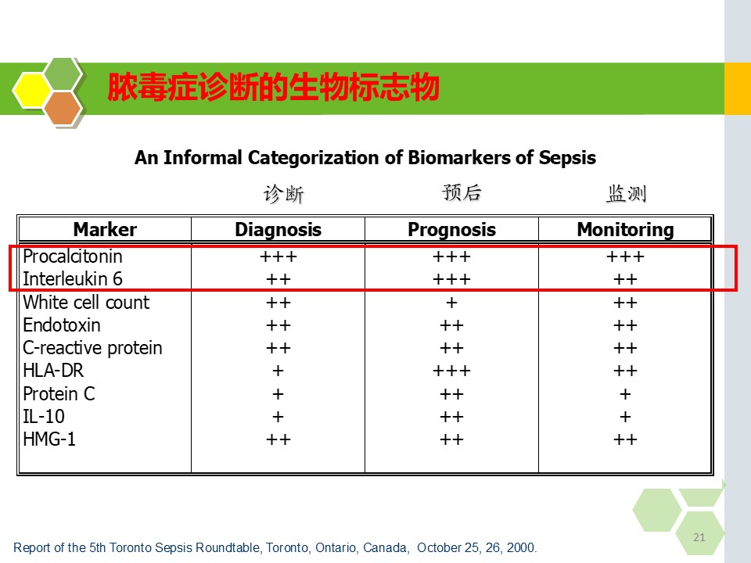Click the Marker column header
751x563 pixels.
pyautogui.click(x=105, y=229)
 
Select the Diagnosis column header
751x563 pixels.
pyautogui.click(x=278, y=230)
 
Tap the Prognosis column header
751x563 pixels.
pyautogui.click(x=451, y=230)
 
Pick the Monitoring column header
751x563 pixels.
pyautogui.click(x=626, y=230)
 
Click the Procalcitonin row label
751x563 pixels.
pyautogui.click(x=73, y=256)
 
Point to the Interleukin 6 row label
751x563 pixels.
pyautogui.click(x=73, y=278)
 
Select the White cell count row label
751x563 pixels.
pyautogui.click(x=86, y=302)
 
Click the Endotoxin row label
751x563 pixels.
pyautogui.click(x=62, y=325)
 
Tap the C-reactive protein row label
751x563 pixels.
pyautogui.click(x=93, y=348)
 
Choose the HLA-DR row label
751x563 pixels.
pyautogui.click(x=53, y=371)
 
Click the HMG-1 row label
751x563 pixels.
pyautogui.click(x=49, y=439)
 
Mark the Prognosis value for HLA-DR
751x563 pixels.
pyautogui.click(x=451, y=371)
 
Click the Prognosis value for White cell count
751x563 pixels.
pyautogui.click(x=451, y=303)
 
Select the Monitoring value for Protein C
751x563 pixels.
pyautogui.click(x=625, y=394)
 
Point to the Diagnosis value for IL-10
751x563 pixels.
pyautogui.click(x=278, y=417)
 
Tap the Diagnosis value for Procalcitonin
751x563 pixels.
pyautogui.click(x=278, y=256)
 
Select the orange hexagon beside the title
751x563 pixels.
pyautogui.click(x=63, y=109)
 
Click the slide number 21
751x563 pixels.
pyautogui.click(x=699, y=537)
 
